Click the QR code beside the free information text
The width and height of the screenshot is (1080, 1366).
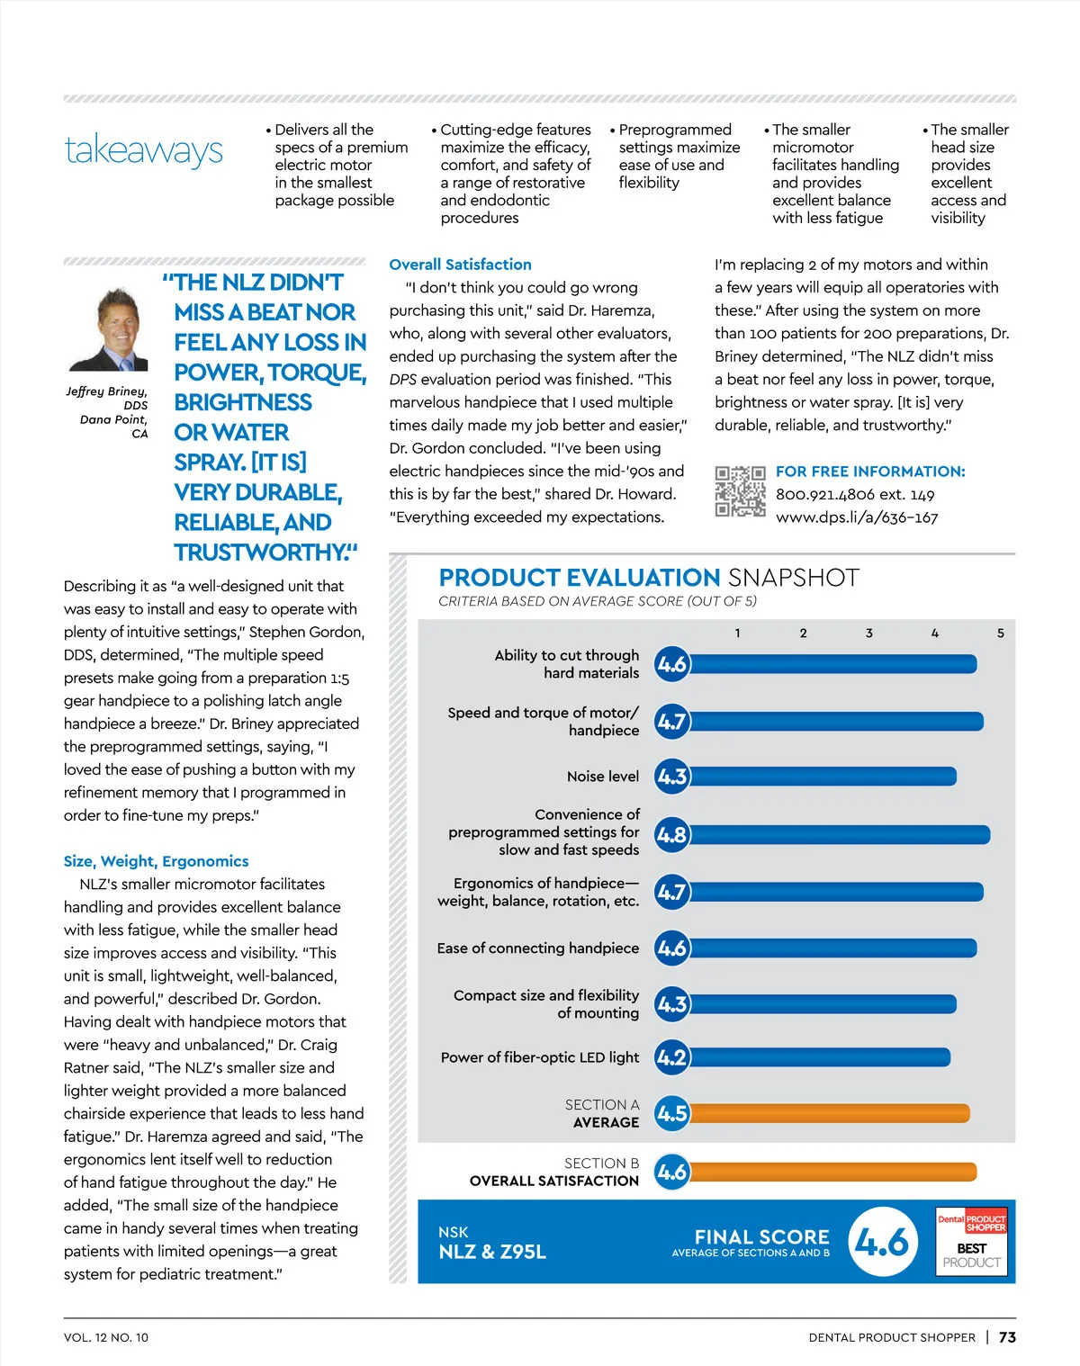coord(740,491)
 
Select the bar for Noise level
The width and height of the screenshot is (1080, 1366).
coord(823,777)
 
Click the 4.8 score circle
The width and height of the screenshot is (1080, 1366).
coord(671,835)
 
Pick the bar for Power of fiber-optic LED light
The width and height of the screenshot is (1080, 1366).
coord(819,1057)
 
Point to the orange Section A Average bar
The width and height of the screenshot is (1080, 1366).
coord(829,1114)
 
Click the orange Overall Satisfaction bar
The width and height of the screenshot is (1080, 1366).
coord(832,1172)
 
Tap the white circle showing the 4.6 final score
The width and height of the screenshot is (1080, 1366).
coord(882,1242)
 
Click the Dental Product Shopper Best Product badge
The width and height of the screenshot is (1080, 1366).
coord(971,1242)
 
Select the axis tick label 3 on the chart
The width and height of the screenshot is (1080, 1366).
coord(869,634)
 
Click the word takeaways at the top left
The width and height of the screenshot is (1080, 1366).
coord(144,150)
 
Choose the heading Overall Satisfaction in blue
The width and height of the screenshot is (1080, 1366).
coord(460,265)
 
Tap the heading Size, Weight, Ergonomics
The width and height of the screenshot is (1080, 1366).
coord(156,861)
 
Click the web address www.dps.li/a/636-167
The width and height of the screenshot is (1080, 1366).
coord(856,517)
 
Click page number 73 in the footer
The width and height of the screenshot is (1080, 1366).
coord(1007,1337)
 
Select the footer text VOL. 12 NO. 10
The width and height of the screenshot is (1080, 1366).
coord(106,1338)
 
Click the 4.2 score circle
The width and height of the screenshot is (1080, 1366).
coord(671,1057)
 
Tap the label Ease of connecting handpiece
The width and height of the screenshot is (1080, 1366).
coord(537,948)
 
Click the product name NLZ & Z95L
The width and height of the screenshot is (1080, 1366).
coord(492,1252)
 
